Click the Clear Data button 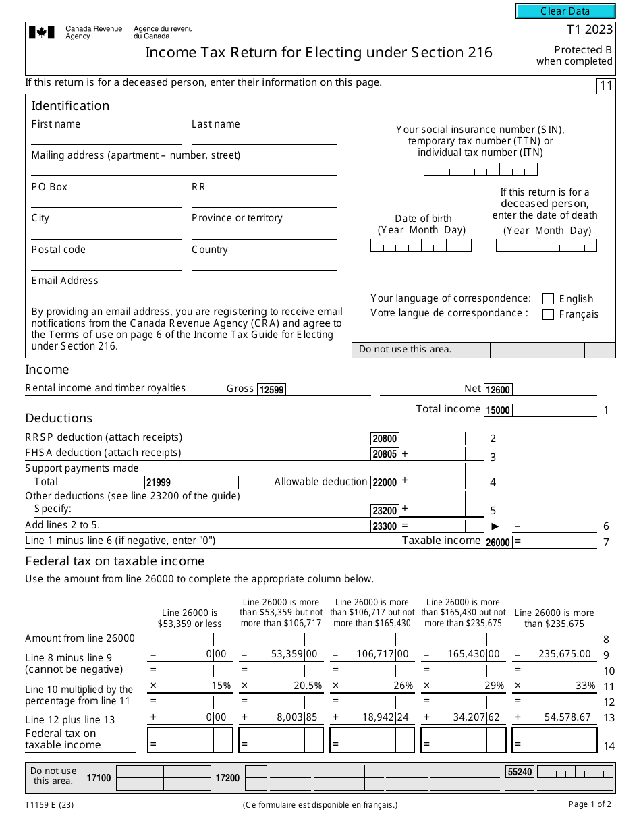click(x=565, y=11)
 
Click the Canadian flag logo click(x=41, y=32)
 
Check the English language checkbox click(x=548, y=298)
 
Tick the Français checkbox click(x=548, y=314)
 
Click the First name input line click(x=106, y=138)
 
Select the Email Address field click(x=184, y=295)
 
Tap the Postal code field click(x=106, y=264)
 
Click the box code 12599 click(x=271, y=389)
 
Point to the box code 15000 click(x=498, y=410)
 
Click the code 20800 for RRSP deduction click(x=385, y=439)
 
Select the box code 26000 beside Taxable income click(x=498, y=542)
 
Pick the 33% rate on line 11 click(x=586, y=686)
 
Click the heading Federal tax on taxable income click(x=115, y=561)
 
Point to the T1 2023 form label click(x=589, y=30)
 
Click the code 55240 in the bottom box click(x=520, y=772)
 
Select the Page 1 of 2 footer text click(x=590, y=804)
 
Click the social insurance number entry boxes click(x=480, y=170)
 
